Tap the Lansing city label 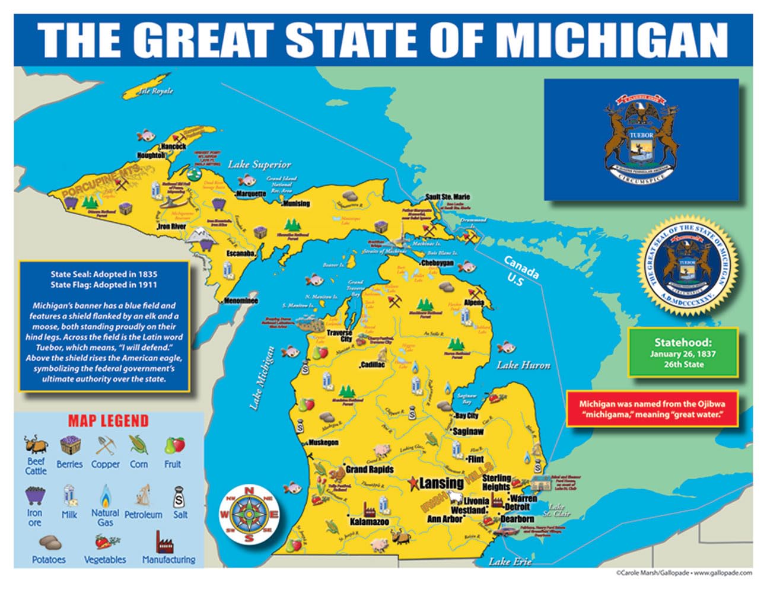tap(441, 483)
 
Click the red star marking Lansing tap(413, 483)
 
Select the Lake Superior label tap(259, 164)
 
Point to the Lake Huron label tap(523, 365)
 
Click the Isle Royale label tap(155, 91)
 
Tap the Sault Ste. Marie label tap(447, 197)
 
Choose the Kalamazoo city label tap(369, 522)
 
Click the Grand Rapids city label tap(370, 469)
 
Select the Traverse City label tap(339, 336)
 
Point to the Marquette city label tap(252, 194)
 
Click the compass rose tap(249, 514)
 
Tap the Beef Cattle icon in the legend tap(35, 445)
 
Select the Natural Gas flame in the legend tap(105, 495)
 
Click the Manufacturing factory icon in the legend tap(167, 541)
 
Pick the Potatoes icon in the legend tap(50, 543)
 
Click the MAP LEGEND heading tap(108, 421)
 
